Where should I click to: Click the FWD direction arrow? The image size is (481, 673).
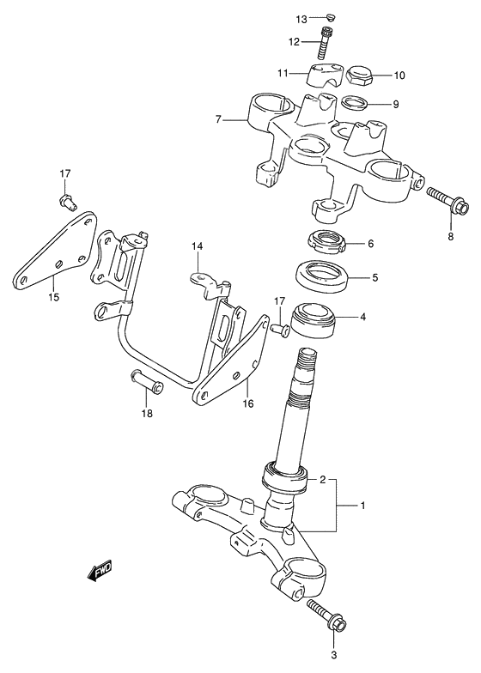(100, 571)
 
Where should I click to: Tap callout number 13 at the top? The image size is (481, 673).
(301, 19)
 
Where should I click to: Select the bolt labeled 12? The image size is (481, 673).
(326, 43)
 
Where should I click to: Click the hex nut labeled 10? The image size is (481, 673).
(359, 76)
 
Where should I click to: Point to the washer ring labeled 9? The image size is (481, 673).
(356, 103)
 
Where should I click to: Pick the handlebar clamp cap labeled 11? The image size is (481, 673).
(326, 75)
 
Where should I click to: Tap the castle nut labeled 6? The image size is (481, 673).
(326, 243)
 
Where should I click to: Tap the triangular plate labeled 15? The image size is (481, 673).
(55, 249)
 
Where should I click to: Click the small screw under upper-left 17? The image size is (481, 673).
(67, 202)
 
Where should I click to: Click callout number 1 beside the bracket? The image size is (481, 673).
(362, 506)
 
